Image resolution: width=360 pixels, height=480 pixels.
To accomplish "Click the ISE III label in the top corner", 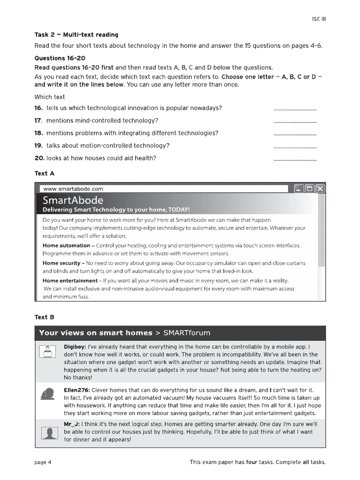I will [x=319, y=19].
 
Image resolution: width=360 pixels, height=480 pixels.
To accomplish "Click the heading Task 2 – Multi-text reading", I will [x=76, y=35].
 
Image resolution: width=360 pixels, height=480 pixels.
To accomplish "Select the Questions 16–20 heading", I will [x=60, y=58].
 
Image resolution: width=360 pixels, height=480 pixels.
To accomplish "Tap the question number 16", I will [x=38, y=108].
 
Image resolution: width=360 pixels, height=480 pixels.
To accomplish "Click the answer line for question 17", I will [x=294, y=122].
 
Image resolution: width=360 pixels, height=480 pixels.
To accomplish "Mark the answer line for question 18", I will [x=294, y=135].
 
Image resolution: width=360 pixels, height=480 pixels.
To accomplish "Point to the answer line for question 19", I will [x=294, y=147].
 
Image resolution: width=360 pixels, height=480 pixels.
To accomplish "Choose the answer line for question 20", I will [x=294, y=160].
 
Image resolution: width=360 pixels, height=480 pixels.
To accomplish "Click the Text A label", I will [x=45, y=173].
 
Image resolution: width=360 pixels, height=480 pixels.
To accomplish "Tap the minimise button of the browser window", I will [x=299, y=189].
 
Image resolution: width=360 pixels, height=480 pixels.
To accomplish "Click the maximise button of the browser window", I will [x=309, y=189].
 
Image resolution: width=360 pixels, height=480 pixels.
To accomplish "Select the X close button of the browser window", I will [x=320, y=189].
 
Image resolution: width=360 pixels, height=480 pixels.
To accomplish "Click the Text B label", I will [x=45, y=317].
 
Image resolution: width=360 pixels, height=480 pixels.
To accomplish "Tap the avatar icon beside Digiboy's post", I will [x=47, y=352].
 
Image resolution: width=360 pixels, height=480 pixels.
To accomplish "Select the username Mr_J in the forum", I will [x=73, y=423].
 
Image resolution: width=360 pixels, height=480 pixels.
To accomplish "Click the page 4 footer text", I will [x=43, y=462].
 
